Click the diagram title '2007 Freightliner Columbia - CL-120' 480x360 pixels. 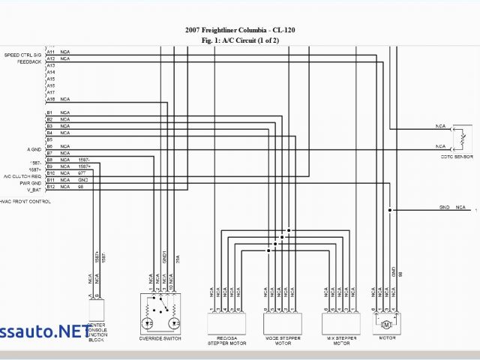(239, 31)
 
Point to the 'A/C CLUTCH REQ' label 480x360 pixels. (22, 176)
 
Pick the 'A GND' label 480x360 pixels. (34, 149)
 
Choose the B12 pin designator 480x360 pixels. (50, 187)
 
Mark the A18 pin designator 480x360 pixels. (50, 99)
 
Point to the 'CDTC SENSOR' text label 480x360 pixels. (457, 157)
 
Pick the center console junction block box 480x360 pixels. (97, 310)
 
